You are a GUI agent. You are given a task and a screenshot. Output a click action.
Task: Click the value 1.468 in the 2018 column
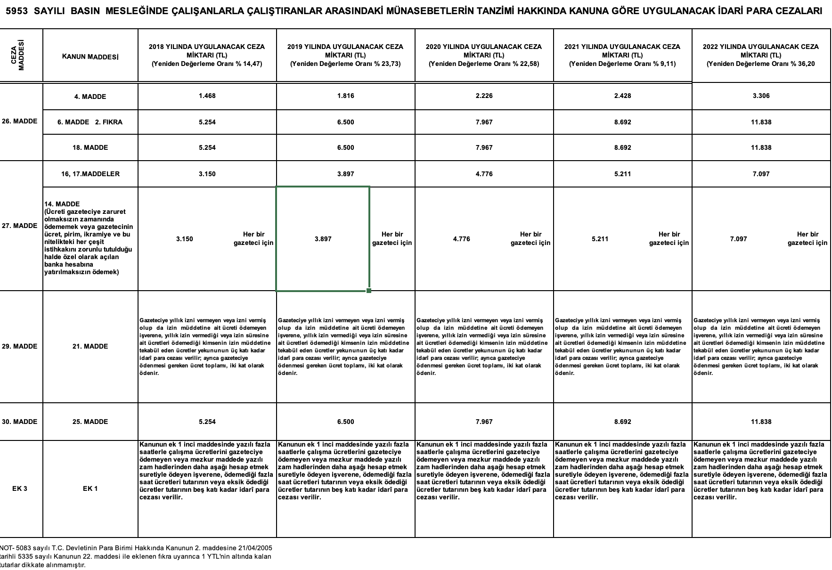207,96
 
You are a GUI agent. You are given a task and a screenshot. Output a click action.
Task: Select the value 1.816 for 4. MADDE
345,96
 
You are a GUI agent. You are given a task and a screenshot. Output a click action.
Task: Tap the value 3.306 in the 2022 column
761,96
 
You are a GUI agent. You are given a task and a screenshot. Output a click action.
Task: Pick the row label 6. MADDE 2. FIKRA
90,122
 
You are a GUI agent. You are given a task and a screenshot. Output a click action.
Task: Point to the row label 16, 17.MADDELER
90,174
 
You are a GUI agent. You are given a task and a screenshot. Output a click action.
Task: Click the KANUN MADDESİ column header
90,57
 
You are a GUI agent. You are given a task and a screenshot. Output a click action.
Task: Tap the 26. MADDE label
19,121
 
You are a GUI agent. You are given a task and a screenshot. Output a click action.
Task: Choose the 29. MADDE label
19,346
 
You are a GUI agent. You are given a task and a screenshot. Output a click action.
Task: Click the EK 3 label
19,489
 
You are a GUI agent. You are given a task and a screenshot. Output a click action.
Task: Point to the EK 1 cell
90,489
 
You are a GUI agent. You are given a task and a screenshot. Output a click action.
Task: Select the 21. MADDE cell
90,346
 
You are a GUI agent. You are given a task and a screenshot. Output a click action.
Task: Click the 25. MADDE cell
90,422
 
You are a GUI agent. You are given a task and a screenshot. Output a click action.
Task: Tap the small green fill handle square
368,291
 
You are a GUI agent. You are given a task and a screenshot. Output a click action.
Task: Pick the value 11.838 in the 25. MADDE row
761,422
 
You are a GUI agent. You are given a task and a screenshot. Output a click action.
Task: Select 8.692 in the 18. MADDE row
622,147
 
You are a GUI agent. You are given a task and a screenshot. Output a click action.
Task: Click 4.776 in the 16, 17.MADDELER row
484,174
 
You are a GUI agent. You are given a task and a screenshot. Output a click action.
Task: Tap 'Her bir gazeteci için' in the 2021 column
669,239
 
